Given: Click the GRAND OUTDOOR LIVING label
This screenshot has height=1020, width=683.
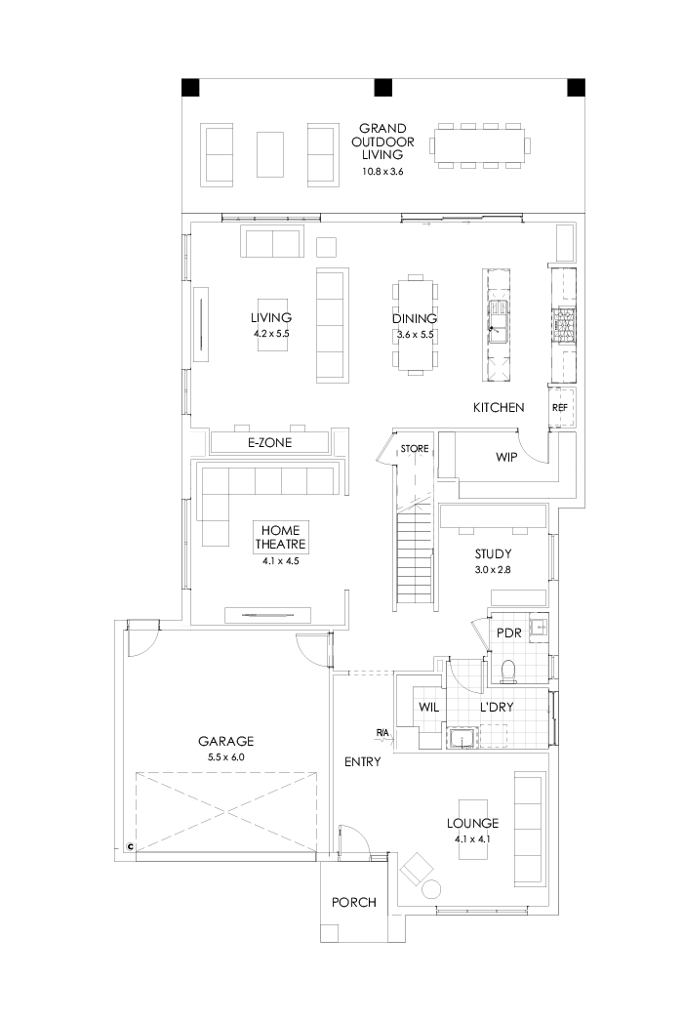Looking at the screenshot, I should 382,142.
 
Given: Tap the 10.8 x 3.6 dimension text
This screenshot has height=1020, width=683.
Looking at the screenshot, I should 382,172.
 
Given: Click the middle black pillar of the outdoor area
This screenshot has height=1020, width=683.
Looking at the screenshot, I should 382,88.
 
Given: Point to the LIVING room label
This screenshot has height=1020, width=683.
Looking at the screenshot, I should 271,318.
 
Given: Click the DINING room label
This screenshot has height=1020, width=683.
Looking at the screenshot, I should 414,318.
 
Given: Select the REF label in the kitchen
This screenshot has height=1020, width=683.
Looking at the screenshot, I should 560,408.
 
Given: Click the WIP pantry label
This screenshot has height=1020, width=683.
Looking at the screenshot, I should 505,456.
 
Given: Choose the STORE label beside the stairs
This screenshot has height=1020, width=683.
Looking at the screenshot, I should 415,449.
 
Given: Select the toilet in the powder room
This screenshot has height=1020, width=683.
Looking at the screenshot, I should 507,670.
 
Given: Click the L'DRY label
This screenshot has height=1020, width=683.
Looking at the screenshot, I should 497,706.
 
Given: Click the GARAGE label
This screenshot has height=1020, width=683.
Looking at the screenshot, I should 227,741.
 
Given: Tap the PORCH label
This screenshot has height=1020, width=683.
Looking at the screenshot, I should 353,902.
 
